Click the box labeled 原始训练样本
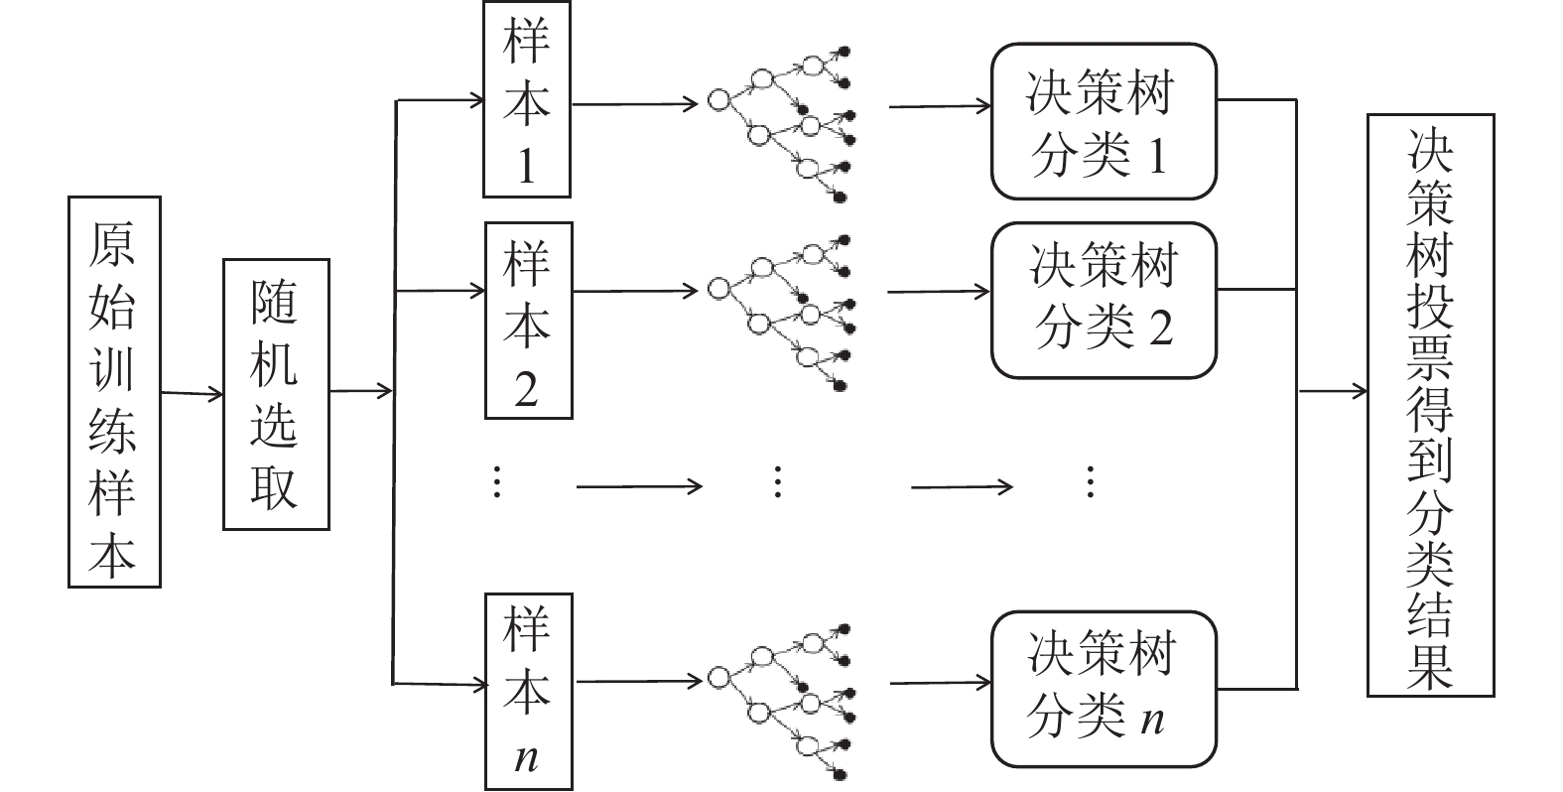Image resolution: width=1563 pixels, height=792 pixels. coord(114,392)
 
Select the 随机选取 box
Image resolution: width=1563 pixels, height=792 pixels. coord(276,394)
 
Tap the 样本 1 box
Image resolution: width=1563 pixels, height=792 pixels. coord(526,100)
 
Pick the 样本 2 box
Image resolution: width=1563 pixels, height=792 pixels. coord(528,320)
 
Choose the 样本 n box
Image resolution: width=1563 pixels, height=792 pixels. coord(528,691)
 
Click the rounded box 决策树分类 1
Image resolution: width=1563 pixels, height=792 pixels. coord(1104,121)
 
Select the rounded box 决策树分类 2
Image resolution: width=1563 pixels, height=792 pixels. coord(1104,300)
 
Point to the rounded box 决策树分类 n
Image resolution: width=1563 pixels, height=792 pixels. coord(1104,688)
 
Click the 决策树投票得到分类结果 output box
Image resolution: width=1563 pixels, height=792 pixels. coord(1430,405)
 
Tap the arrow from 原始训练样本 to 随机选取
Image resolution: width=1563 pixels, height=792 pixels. coord(193,394)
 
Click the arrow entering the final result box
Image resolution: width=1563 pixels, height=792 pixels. coord(1332,391)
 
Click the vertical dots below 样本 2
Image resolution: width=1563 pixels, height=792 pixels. coord(497,482)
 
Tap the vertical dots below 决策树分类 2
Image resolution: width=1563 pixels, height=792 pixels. coord(1089,482)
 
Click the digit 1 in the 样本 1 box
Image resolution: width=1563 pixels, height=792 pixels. coord(526,166)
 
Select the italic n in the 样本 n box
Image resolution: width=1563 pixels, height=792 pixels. coord(527,757)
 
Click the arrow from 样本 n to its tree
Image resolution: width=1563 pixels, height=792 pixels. coord(639,681)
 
